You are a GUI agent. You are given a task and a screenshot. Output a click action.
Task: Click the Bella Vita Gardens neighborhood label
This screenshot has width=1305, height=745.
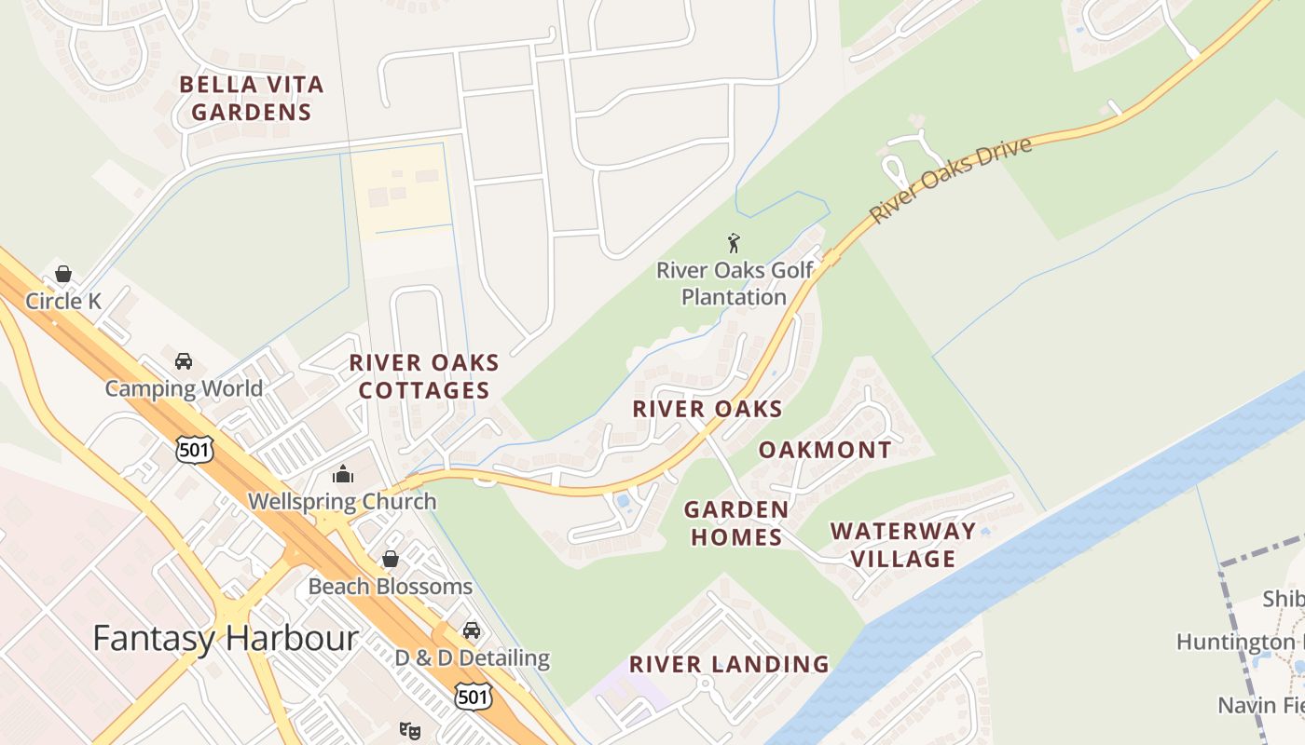pyautogui.click(x=251, y=99)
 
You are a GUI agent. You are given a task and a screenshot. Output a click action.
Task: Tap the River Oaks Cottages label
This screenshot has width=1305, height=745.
pyautogui.click(x=424, y=376)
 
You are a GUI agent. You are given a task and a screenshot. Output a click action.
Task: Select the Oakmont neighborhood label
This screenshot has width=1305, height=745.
pyautogui.click(x=825, y=450)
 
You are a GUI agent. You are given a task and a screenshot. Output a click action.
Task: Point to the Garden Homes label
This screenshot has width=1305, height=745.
pyautogui.click(x=735, y=523)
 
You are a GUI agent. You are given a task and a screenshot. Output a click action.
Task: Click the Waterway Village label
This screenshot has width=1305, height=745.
pyautogui.click(x=903, y=545)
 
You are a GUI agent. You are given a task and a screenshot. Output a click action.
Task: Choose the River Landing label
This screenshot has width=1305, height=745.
pyautogui.click(x=729, y=664)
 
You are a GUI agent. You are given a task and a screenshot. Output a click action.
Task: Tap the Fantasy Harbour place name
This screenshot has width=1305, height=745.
pyautogui.click(x=226, y=639)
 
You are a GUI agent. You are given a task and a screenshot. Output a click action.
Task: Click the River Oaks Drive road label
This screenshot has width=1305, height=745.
pyautogui.click(x=951, y=181)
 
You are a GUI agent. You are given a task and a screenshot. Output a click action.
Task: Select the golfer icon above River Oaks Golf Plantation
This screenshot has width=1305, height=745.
pyautogui.click(x=734, y=244)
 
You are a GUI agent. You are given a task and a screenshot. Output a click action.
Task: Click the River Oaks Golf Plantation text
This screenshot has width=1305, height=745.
pyautogui.click(x=735, y=284)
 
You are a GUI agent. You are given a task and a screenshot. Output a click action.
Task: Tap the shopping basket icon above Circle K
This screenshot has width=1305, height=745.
pyautogui.click(x=63, y=274)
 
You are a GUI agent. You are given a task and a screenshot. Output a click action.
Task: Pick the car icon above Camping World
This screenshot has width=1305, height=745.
pyautogui.click(x=184, y=361)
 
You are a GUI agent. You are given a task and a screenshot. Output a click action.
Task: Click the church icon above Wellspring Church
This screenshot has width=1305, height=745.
pyautogui.click(x=343, y=474)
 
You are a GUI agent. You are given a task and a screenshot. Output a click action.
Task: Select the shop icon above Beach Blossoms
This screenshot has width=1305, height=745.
pyautogui.click(x=391, y=559)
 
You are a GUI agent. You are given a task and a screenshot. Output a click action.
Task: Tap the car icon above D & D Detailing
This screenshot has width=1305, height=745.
pyautogui.click(x=472, y=630)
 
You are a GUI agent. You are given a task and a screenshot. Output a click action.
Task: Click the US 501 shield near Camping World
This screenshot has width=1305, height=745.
pyautogui.click(x=195, y=450)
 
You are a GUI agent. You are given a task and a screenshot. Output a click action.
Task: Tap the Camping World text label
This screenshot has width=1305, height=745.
pyautogui.click(x=184, y=388)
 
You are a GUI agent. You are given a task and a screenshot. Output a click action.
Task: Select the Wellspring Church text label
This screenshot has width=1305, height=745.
pyautogui.click(x=342, y=502)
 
